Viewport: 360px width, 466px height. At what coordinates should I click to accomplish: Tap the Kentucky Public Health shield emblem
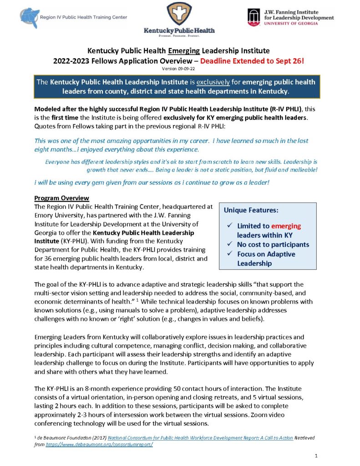pos(179,14)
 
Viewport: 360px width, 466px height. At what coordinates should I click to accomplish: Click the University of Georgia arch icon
pos(253,17)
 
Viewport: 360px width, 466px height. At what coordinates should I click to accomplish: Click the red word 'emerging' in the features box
pos(286,226)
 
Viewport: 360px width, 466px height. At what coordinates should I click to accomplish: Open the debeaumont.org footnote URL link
pos(99,444)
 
